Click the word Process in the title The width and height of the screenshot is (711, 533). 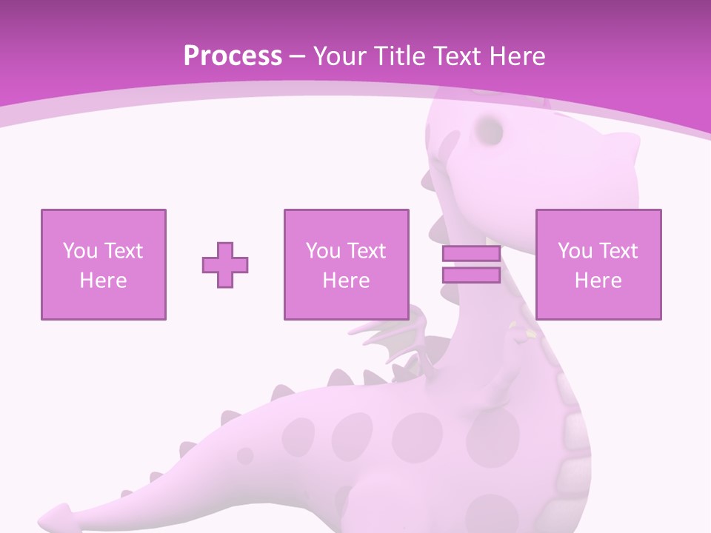pyautogui.click(x=233, y=56)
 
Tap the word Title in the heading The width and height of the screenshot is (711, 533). pyautogui.click(x=398, y=56)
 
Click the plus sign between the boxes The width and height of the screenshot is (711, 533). pyautogui.click(x=225, y=265)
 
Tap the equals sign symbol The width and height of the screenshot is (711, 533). pyautogui.click(x=471, y=264)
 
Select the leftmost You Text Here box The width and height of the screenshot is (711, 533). pyautogui.click(x=104, y=264)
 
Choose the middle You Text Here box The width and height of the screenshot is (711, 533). pyautogui.click(x=346, y=264)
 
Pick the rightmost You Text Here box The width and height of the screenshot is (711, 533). pyautogui.click(x=598, y=264)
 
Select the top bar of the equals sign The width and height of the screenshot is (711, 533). pyautogui.click(x=471, y=254)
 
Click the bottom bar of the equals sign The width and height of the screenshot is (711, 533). pyautogui.click(x=471, y=275)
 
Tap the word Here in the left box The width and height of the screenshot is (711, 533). pyautogui.click(x=103, y=281)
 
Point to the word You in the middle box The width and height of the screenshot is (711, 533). pyautogui.click(x=323, y=251)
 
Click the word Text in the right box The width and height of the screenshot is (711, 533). pyautogui.click(x=618, y=251)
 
